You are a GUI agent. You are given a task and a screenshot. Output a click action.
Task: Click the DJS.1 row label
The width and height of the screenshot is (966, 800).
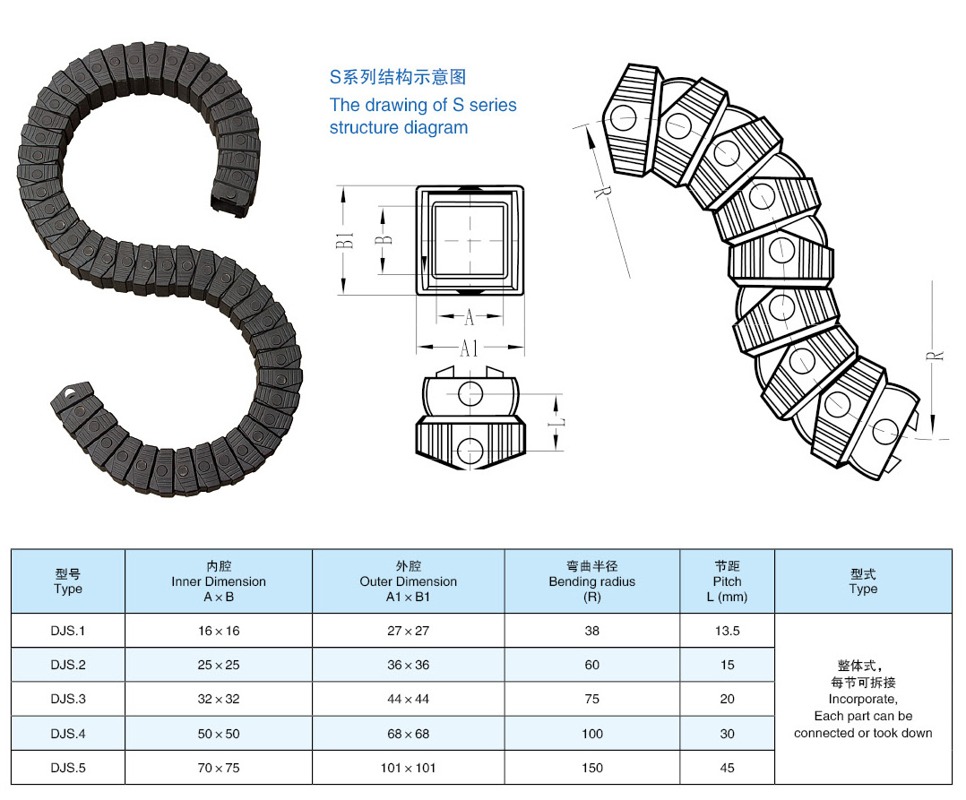[68, 631]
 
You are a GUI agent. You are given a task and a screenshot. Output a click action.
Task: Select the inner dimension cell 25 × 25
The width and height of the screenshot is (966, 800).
[219, 665]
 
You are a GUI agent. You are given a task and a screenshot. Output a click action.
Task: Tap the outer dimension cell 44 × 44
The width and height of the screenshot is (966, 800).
[408, 699]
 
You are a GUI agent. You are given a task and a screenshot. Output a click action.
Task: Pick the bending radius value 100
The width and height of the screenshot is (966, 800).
[591, 734]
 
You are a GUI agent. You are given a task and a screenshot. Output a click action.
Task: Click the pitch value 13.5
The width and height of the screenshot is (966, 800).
[727, 631]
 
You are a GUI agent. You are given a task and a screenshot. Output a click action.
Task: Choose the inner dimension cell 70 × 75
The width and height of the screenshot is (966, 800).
[219, 768]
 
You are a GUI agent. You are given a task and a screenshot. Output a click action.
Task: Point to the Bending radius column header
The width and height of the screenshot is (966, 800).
[591, 581]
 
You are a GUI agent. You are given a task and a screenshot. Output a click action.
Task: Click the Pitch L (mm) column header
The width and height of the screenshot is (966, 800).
[727, 581]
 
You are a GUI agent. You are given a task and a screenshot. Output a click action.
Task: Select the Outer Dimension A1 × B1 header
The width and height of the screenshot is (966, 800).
[408, 581]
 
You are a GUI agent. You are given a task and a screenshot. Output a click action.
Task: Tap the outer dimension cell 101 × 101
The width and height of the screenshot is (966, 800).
[408, 768]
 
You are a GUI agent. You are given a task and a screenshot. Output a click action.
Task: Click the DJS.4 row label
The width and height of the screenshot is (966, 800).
[68, 734]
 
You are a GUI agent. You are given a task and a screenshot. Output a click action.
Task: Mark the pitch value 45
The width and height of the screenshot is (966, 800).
[727, 768]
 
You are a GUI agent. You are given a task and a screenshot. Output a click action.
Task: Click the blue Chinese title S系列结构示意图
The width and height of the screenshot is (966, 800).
[398, 78]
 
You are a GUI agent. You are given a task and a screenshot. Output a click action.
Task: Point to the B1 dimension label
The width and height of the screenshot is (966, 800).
[345, 240]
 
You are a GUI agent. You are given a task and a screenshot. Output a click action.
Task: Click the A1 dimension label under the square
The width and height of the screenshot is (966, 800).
[470, 348]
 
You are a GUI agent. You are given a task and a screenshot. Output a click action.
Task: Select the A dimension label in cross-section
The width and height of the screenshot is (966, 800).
[470, 317]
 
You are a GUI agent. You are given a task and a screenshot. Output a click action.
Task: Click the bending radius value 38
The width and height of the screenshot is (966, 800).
[591, 631]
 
